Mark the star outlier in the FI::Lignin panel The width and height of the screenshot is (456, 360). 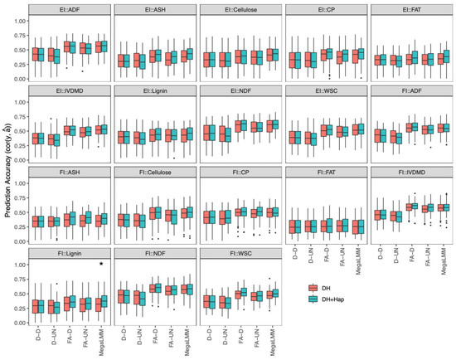point(101,264)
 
